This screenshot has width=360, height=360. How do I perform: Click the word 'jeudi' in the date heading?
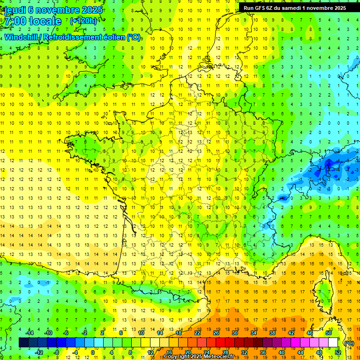[15, 10]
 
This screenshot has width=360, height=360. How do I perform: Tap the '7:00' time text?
[15, 21]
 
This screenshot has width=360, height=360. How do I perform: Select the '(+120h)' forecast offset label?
[83, 21]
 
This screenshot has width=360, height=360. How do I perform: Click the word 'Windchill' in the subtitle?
[24, 37]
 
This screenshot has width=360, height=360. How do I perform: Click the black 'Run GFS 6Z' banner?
[295, 7]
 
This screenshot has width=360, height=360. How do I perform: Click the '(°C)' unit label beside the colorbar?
[348, 343]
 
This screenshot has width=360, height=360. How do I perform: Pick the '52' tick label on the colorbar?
[338, 352]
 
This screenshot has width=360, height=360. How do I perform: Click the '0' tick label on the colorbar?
[93, 352]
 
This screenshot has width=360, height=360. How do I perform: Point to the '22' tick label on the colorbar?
[197, 333]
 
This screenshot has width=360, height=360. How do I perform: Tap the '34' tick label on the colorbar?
[254, 333]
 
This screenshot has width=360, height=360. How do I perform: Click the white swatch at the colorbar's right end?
[333, 343]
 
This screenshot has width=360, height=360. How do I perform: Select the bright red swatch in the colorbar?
[221, 343]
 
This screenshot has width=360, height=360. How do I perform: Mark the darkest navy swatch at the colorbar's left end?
[23, 343]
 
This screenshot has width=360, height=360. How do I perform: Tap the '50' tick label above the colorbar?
[329, 333]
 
